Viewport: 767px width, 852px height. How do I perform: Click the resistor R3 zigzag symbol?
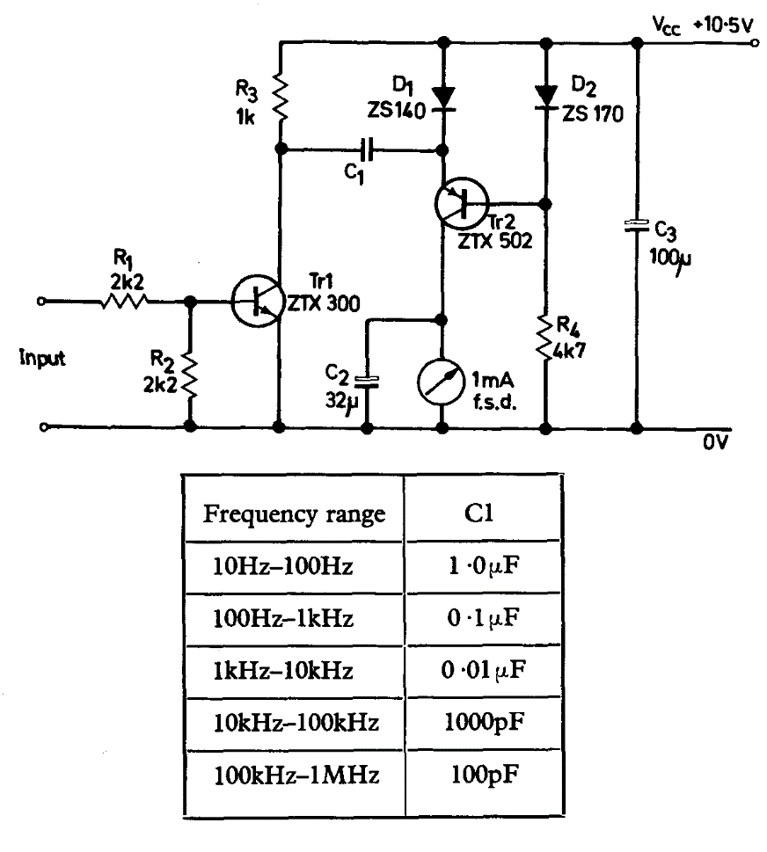(x=281, y=98)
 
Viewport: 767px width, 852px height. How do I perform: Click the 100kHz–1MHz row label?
(x=296, y=776)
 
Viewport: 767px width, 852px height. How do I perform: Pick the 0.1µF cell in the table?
(x=481, y=619)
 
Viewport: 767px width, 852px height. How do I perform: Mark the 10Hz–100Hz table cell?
(x=283, y=567)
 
